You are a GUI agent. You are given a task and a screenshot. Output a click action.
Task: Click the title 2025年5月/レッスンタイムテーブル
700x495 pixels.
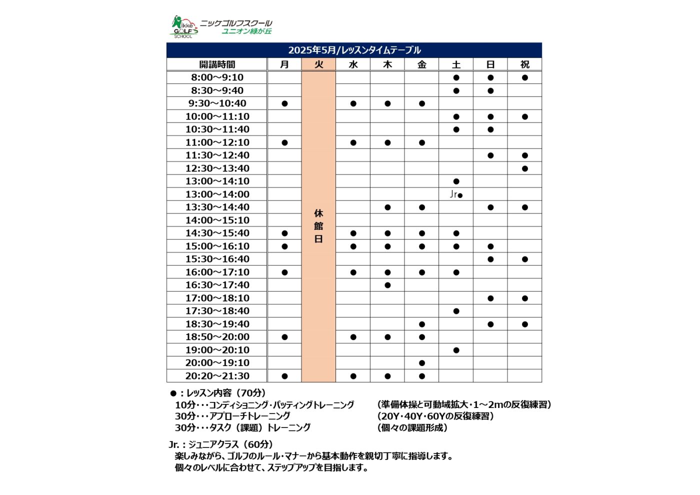pos(354,50)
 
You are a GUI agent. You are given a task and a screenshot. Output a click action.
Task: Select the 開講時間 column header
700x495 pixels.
pos(217,64)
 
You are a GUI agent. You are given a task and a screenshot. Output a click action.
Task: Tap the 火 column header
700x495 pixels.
pos(318,64)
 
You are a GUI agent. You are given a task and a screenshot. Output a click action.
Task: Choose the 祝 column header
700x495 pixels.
pos(524,64)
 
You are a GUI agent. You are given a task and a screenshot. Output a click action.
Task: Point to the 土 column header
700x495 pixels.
pos(456,64)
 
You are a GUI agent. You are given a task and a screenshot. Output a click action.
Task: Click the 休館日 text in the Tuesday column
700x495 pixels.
pos(318,226)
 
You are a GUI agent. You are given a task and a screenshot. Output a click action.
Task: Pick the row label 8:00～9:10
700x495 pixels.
pos(217,77)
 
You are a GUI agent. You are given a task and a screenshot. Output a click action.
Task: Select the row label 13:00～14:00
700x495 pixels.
pos(217,194)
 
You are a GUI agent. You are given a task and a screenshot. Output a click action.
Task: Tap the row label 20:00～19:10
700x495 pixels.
pos(217,363)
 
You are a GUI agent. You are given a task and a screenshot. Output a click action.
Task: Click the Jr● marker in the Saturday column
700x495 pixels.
pos(456,194)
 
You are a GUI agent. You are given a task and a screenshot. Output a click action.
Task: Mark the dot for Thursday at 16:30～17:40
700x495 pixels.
pos(387,285)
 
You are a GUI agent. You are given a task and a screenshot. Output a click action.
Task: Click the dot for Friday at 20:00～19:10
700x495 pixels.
pos(422,363)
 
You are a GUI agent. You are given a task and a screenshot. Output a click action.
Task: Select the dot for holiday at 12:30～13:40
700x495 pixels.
pos(524,168)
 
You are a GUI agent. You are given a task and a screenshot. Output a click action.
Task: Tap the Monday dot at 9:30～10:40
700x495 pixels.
pos(284,103)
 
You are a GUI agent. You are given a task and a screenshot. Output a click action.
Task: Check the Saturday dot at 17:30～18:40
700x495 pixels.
pos(456,311)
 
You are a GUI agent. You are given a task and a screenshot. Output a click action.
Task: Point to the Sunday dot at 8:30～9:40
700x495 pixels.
pos(490,90)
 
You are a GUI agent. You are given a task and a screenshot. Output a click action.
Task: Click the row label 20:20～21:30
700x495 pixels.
pos(217,376)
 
